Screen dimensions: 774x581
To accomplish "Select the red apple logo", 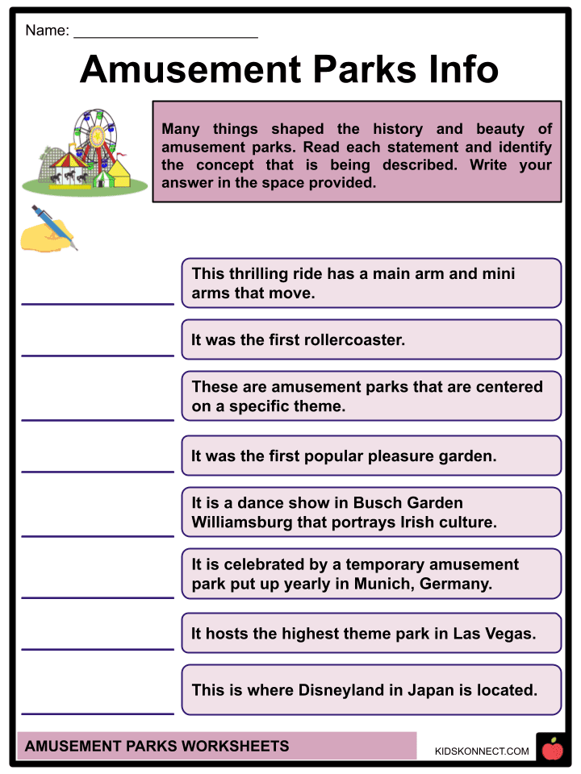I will coord(553,750).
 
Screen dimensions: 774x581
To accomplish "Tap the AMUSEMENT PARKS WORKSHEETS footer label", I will coord(157,746).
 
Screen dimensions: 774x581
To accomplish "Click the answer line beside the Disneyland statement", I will coord(98,712).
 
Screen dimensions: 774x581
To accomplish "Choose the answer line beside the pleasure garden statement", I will coord(98,470).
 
